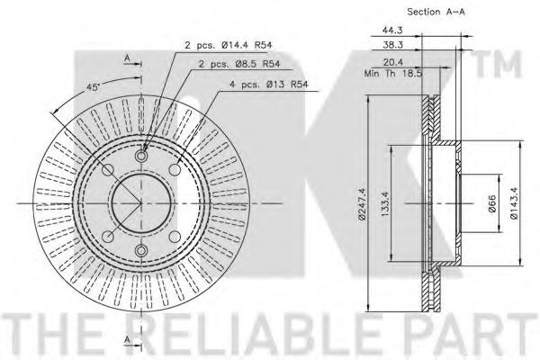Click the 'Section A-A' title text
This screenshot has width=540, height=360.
[x=436, y=12]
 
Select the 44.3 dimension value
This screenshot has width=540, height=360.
[x=392, y=31]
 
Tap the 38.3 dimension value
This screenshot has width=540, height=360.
[x=392, y=45]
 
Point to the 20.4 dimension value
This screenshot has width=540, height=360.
[x=393, y=62]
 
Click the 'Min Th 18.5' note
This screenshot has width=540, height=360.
[x=393, y=74]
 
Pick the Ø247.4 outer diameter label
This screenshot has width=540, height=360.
[x=362, y=203]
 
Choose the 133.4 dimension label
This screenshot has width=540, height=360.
[x=385, y=204]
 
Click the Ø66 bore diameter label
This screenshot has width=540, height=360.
[x=491, y=203]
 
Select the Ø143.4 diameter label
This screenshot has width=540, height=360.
[x=514, y=203]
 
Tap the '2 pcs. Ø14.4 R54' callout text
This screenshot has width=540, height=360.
[x=229, y=45]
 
